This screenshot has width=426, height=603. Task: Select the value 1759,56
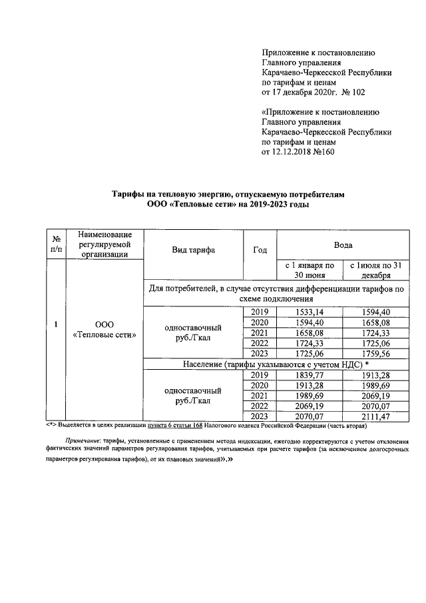point(375,354)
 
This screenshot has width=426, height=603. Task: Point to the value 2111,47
point(375,417)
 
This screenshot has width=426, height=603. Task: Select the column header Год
point(260,250)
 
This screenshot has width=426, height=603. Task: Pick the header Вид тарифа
point(193,250)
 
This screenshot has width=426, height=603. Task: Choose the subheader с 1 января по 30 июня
point(309,270)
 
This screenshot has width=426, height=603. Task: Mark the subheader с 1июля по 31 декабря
point(375,270)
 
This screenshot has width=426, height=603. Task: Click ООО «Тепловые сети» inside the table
point(105,329)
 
